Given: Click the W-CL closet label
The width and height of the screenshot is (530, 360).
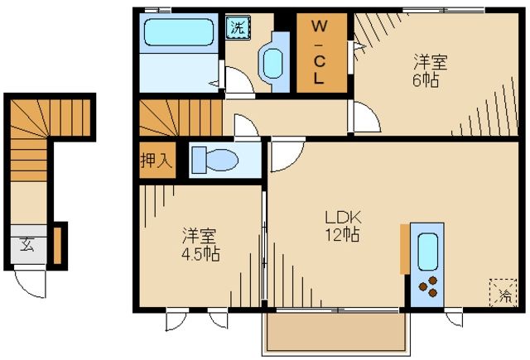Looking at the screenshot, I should pos(319,53).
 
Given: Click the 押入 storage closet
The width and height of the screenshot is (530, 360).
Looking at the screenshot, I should pos(156,161).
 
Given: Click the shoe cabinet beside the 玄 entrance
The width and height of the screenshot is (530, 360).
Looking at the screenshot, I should pos(57,245).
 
